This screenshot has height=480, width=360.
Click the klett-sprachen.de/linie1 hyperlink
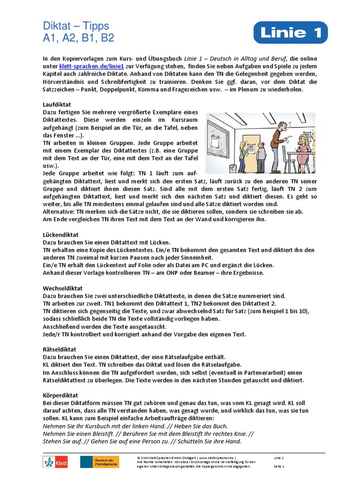[82, 67]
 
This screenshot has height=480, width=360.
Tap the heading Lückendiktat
[60, 234]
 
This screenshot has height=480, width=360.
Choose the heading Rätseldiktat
[60, 349]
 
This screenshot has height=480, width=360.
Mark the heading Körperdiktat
[60, 395]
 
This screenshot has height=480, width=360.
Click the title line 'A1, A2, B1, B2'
[78, 38]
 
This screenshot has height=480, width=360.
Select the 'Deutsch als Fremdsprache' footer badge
[99, 462]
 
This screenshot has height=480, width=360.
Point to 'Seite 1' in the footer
[279, 466]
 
